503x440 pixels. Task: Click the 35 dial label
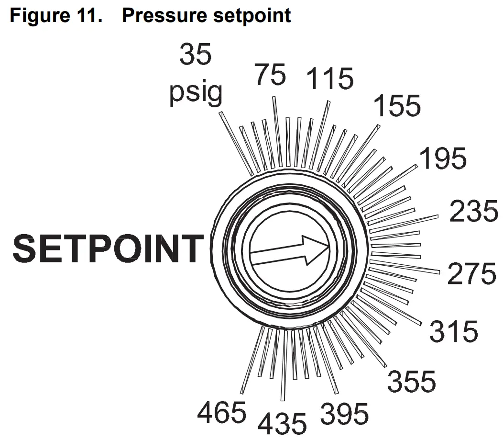tap(195, 55)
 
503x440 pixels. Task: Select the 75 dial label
tap(270, 75)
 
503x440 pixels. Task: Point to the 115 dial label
tap(330, 79)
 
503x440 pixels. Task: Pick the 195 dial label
tap(442, 158)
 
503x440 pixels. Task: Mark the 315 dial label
tap(454, 331)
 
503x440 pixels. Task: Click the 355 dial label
tap(412, 382)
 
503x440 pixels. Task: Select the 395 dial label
tap(344, 414)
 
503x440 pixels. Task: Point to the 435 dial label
tap(283, 423)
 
